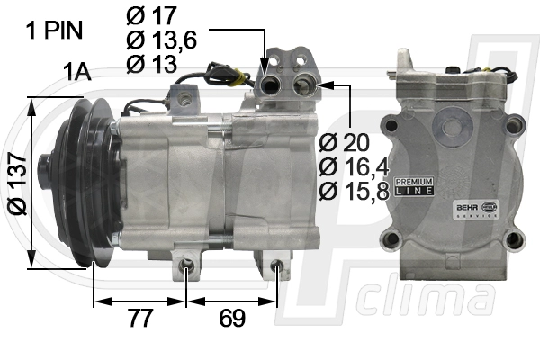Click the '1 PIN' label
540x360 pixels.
pos(54,30)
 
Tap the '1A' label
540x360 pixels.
pos(76,72)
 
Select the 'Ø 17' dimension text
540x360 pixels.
pos(151,15)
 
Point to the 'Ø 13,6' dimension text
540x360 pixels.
pos(161,40)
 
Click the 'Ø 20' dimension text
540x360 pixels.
pos(344,142)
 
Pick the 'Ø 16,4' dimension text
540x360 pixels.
pos(354,167)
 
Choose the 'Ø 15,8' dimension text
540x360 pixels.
pos(354,191)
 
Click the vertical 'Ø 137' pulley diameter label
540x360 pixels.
pos(17,184)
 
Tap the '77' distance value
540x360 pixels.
pos(140,318)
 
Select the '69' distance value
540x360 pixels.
pos(232,318)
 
